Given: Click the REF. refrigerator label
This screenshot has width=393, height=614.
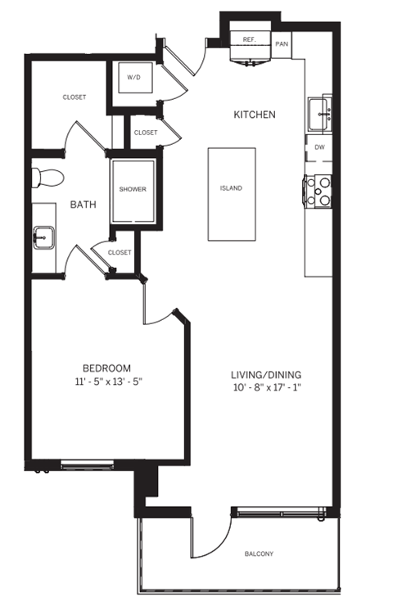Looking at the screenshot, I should click(250, 39).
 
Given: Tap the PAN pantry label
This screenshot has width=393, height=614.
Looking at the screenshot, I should click(282, 44).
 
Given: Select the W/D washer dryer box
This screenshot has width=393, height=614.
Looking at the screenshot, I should click(133, 78).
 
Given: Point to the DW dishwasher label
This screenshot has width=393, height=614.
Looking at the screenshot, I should click(319, 147).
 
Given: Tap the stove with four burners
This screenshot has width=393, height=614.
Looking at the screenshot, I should click(318, 191).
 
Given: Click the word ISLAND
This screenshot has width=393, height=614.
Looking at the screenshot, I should click(231, 188).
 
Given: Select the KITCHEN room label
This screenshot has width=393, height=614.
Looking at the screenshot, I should click(254, 115).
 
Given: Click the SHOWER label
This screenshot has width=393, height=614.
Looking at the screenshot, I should click(133, 189).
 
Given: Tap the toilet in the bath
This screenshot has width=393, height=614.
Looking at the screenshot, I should click(47, 178).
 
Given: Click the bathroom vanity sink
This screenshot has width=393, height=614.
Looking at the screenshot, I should click(42, 237).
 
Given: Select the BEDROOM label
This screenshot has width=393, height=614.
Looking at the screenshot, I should click(106, 368).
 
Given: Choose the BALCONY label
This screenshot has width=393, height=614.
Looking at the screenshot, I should click(259, 554).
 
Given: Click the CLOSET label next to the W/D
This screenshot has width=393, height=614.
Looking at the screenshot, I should click(146, 132).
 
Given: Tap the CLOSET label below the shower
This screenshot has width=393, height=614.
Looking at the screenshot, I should click(120, 253).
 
